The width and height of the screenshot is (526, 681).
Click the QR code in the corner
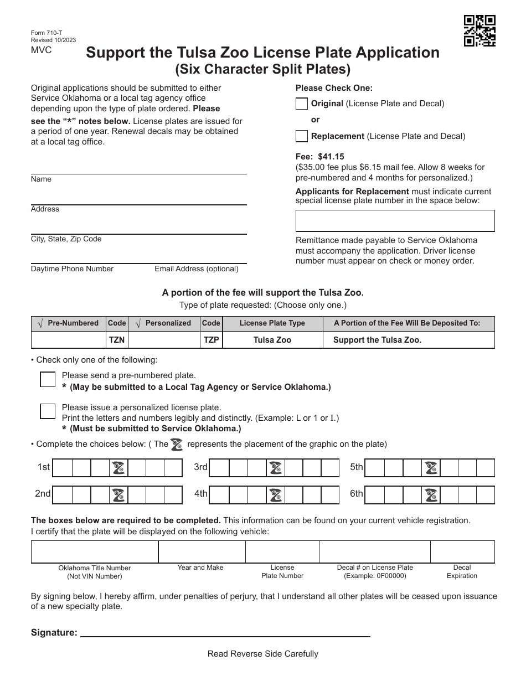(479, 31)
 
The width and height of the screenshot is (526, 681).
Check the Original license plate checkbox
(302, 104)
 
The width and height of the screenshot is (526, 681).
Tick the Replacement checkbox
(302, 136)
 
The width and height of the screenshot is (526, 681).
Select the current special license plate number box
(395, 220)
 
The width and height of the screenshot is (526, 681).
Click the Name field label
(41, 179)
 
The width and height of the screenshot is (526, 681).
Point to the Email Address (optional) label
(197, 269)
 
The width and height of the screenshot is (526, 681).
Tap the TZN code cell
(117, 340)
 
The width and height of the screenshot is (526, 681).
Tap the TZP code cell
(211, 340)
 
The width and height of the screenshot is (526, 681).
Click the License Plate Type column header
(272, 323)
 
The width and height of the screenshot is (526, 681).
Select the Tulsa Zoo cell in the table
(272, 340)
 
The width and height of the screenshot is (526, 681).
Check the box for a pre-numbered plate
(48, 379)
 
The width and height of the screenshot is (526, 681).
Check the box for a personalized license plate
(48, 411)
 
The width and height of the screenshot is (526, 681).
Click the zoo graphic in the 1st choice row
(118, 468)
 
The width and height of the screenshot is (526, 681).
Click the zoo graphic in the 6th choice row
(431, 495)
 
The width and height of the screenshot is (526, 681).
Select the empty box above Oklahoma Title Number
(95, 552)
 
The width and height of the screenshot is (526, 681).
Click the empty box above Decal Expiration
(462, 552)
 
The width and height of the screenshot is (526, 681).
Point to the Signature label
(54, 633)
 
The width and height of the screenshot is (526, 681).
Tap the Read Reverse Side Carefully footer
(262, 654)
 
